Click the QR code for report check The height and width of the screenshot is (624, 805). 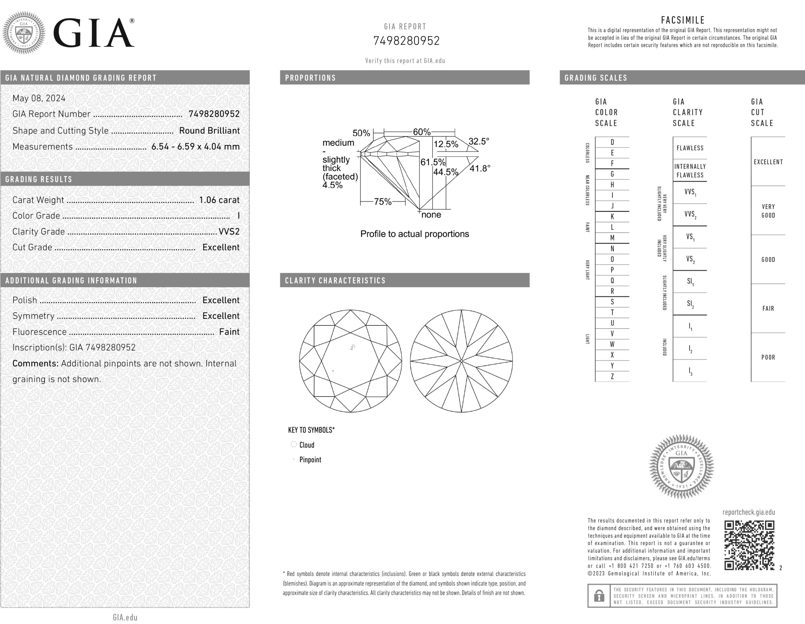pos(749,545)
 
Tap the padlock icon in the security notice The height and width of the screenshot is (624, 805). pos(599,596)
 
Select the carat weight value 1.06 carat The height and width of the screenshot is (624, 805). pos(219,200)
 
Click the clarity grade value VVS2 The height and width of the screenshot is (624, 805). pos(229,231)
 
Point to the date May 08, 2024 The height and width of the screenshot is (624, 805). pos(39,98)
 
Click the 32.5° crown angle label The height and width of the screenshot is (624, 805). pos(479,141)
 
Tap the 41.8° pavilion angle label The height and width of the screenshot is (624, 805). pos(480,169)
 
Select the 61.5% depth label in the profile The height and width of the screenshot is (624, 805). pos(433,162)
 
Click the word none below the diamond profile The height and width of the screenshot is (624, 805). pos(431,214)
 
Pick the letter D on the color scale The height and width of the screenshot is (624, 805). pos(612,142)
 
